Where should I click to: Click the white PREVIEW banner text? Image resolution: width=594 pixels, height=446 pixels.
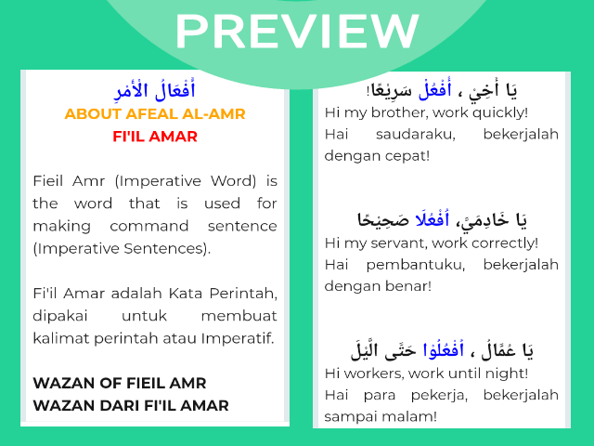[x=296, y=33]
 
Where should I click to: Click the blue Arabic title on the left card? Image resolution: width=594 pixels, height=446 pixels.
[x=154, y=92]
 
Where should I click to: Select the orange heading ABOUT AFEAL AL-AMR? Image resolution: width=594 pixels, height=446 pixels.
[x=154, y=114]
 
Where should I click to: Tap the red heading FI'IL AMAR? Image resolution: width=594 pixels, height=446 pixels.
[x=154, y=137]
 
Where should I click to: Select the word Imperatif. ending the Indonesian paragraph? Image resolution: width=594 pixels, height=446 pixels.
[x=239, y=337]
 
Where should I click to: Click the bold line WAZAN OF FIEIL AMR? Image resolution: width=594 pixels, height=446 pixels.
[x=120, y=383]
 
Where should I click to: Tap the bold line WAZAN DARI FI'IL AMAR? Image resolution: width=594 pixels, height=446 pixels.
[x=131, y=405]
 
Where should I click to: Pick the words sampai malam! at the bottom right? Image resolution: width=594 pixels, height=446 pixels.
[x=376, y=417]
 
